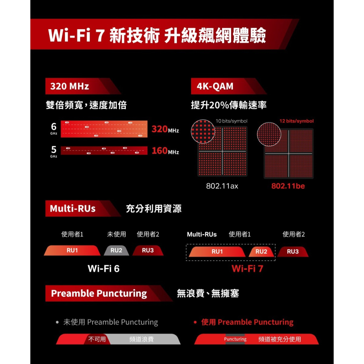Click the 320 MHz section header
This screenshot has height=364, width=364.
click(70, 86)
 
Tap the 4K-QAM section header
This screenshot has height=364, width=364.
click(215, 86)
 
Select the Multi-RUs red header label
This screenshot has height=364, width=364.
click(73, 209)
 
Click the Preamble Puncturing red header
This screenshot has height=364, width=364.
click(99, 293)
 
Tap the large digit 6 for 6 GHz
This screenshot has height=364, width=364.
click(54, 127)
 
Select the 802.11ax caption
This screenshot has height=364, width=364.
click(222, 186)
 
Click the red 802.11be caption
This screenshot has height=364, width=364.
click(288, 186)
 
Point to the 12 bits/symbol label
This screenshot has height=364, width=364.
click(296, 121)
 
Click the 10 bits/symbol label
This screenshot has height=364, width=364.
click(232, 121)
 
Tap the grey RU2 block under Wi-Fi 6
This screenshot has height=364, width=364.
click(116, 250)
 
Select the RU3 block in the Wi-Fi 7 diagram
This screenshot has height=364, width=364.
click(293, 252)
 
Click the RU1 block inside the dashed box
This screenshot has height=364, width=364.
click(217, 252)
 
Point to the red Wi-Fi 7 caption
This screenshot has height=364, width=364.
click(247, 269)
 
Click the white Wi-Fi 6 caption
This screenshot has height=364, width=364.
click(103, 269)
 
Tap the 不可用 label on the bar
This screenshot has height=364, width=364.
click(97, 339)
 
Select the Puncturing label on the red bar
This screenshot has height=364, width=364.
click(235, 339)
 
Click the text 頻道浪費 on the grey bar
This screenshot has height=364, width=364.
click(142, 339)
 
